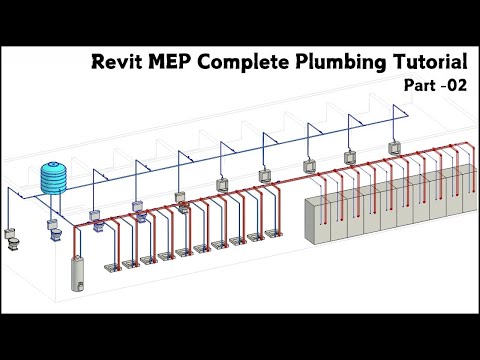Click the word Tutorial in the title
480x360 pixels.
(x=425, y=62)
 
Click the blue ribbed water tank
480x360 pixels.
(x=51, y=179)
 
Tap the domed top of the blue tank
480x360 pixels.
(x=51, y=164)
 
